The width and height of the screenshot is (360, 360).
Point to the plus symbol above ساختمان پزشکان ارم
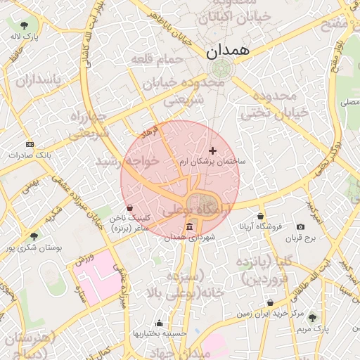[x=213, y=150]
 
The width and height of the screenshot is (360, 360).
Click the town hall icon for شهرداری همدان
[x=191, y=226]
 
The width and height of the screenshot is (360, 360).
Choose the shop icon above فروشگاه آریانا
[x=261, y=216]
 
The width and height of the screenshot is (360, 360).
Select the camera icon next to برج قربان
[x=301, y=226]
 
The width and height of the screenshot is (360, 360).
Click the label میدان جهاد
[x=179, y=352]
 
